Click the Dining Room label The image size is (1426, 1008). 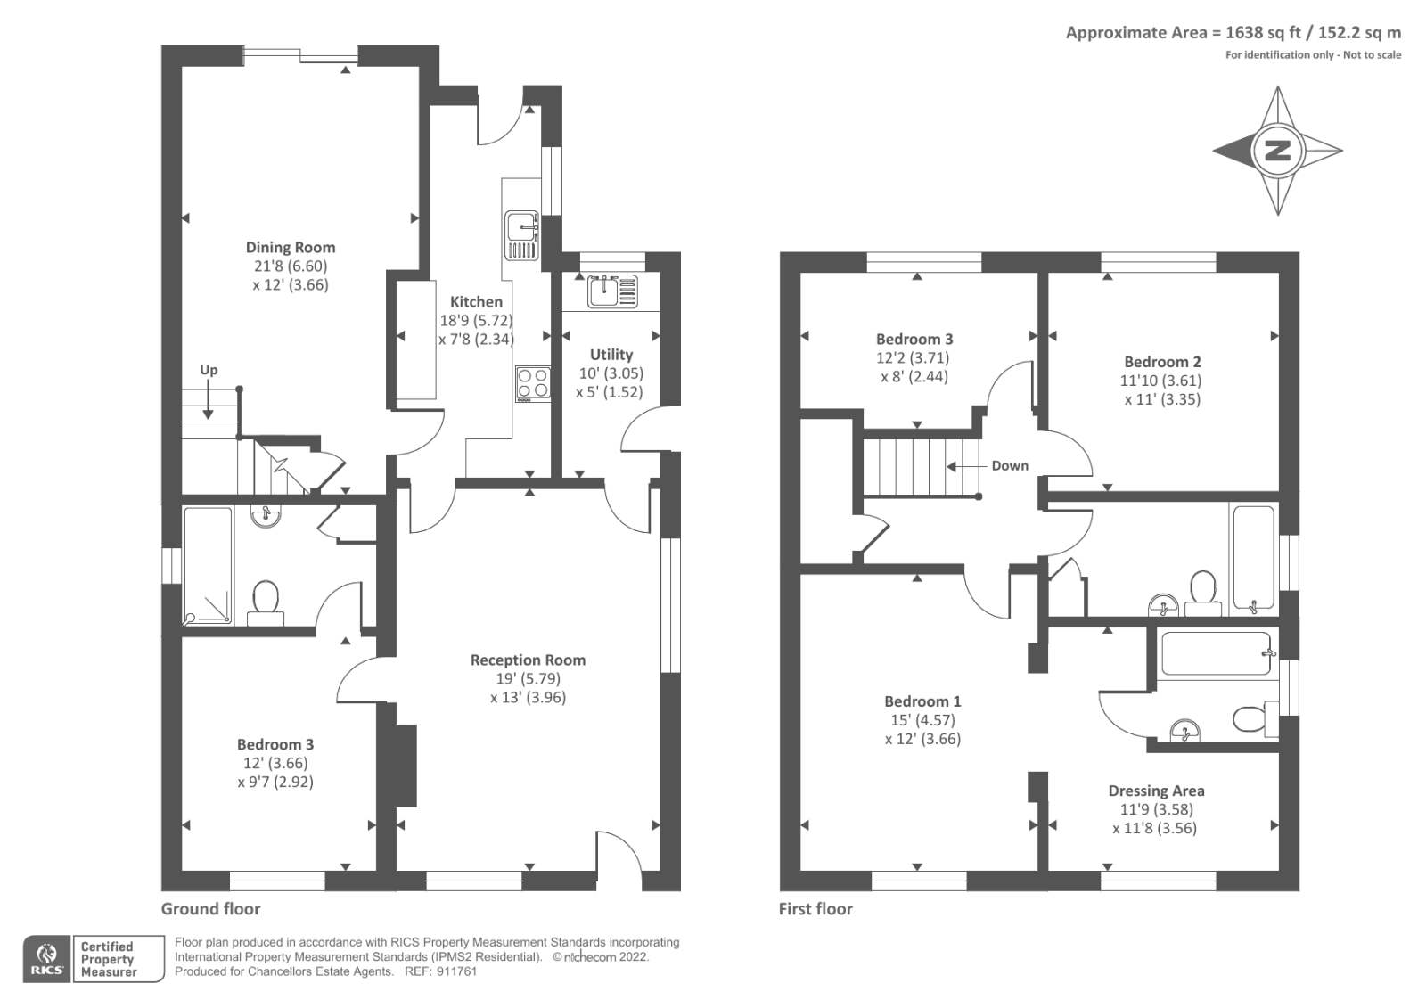[x=291, y=248]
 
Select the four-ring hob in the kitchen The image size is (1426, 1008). [x=533, y=384]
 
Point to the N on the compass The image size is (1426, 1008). [x=1277, y=151]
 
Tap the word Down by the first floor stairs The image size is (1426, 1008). [x=1009, y=466]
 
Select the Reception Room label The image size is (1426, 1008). [x=528, y=660]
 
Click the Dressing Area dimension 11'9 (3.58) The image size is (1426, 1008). [x=1156, y=809]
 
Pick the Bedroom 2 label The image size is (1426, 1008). [x=1162, y=362]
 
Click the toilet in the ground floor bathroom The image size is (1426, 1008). [x=266, y=599]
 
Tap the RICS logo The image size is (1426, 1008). [x=47, y=959]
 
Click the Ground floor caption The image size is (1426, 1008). [x=210, y=909]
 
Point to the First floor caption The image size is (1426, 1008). [x=815, y=909]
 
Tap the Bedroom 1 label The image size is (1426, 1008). [x=922, y=701]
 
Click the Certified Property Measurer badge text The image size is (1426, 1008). [x=107, y=959]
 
